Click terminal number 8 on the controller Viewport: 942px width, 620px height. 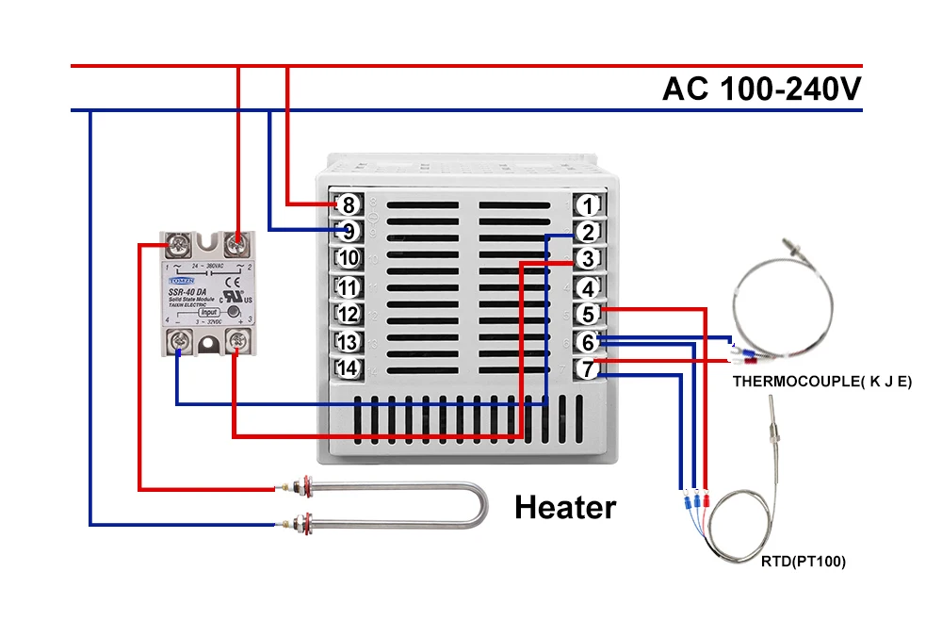(x=349, y=204)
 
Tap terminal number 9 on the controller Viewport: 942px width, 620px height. (x=349, y=230)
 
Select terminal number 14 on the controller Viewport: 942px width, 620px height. (x=348, y=368)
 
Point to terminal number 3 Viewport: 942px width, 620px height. (x=588, y=259)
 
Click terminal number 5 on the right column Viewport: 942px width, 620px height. (x=588, y=314)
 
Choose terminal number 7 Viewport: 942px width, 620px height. (x=588, y=369)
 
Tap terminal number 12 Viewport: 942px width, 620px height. (x=348, y=314)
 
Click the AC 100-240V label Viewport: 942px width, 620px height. (x=761, y=89)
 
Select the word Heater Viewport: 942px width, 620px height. (x=565, y=508)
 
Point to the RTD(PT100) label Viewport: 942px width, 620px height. (x=804, y=562)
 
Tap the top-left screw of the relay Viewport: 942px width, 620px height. (x=177, y=247)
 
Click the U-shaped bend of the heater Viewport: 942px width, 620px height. (x=479, y=505)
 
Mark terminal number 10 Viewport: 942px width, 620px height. (x=348, y=258)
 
